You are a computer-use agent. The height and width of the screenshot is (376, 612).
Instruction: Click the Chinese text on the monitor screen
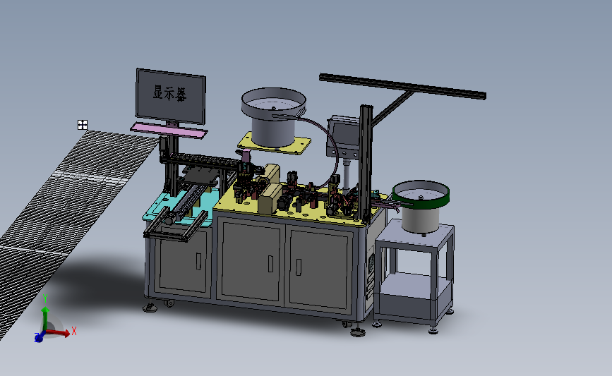coord(170,94)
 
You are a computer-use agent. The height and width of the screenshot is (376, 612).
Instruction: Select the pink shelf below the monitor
coord(169,131)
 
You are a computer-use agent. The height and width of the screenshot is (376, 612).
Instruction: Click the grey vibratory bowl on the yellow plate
coord(273,116)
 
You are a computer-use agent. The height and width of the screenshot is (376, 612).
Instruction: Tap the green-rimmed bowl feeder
coord(421,205)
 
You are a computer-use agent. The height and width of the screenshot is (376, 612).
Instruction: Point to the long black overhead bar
coord(402,86)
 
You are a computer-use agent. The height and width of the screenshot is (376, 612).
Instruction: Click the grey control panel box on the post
coord(342,135)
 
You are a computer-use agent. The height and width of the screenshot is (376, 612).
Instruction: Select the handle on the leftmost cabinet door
coord(198,261)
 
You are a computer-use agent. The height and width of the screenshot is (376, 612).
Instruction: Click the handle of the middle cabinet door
coord(270,264)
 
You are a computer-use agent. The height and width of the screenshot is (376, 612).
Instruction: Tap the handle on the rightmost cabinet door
coord(299,267)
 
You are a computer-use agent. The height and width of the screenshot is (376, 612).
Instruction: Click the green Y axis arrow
coord(45,318)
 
